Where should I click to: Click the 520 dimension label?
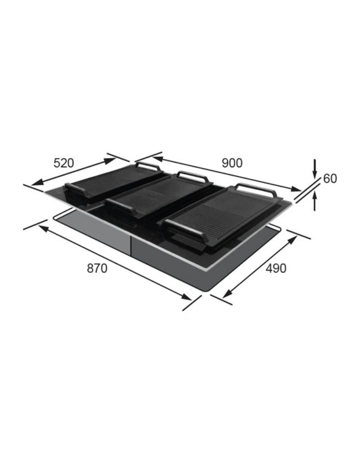pos(63,162)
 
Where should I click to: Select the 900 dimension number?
pos(232,162)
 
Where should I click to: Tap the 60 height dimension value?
pos(330,178)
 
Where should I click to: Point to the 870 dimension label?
pos(97,268)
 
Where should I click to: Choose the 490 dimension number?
pos(276,268)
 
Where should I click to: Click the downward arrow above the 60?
pos(315,168)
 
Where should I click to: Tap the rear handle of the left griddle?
pos(147,165)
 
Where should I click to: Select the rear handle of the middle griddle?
pos(190,176)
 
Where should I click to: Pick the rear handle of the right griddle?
pos(254,189)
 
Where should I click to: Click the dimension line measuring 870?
pos(115,263)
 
